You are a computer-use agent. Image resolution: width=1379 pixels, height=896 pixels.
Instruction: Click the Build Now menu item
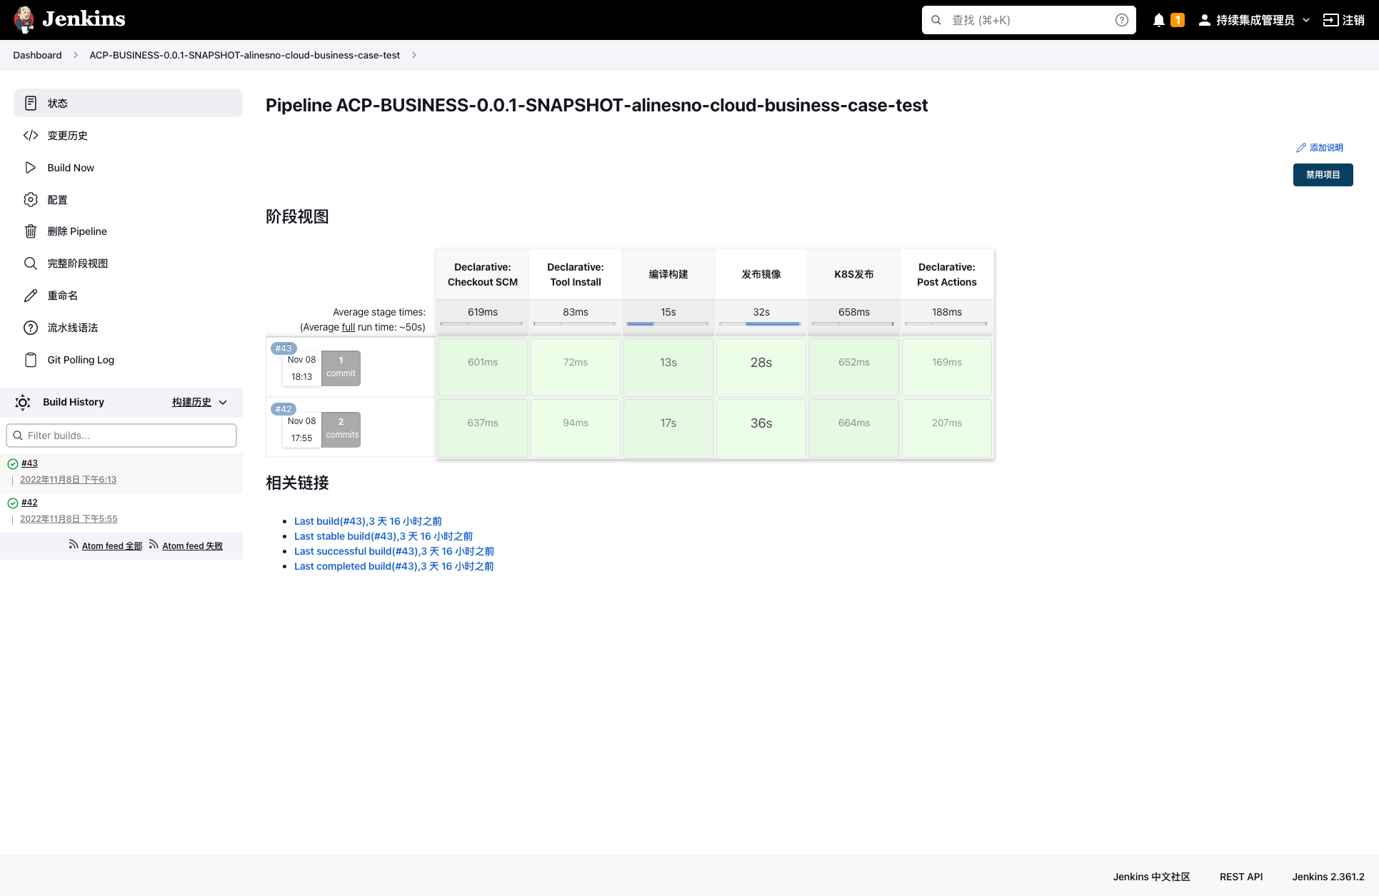[71, 168]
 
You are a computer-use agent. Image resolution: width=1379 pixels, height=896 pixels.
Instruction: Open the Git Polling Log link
[81, 360]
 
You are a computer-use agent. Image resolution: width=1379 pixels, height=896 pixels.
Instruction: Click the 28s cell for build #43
[761, 363]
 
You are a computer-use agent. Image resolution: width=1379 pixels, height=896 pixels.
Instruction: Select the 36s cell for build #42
[761, 423]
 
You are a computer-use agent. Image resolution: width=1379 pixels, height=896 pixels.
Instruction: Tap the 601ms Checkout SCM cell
[483, 363]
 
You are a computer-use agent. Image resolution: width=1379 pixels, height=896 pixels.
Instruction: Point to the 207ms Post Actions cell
[947, 423]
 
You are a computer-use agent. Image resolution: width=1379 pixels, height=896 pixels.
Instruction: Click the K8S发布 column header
[854, 274]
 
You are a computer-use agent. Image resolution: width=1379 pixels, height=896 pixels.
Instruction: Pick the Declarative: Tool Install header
[576, 274]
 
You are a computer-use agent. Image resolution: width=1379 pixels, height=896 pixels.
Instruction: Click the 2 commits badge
[341, 429]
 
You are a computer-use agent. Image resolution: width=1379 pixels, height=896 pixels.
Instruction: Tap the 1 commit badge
[341, 368]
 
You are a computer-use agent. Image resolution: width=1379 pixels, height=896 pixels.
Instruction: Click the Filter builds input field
[121, 436]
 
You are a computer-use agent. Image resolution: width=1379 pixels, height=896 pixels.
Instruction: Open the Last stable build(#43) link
[383, 536]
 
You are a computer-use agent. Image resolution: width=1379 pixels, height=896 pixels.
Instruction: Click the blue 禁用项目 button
[1323, 175]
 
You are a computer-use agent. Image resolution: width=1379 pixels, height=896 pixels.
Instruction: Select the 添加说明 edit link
[1320, 148]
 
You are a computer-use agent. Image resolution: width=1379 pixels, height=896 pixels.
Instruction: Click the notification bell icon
[1158, 20]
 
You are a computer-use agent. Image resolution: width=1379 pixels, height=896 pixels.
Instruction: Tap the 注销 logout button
[1344, 20]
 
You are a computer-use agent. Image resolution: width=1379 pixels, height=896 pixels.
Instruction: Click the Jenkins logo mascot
[24, 19]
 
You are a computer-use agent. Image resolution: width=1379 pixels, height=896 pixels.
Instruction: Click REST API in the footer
[1241, 877]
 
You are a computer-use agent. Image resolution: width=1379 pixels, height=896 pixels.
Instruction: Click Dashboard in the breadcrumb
[37, 55]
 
